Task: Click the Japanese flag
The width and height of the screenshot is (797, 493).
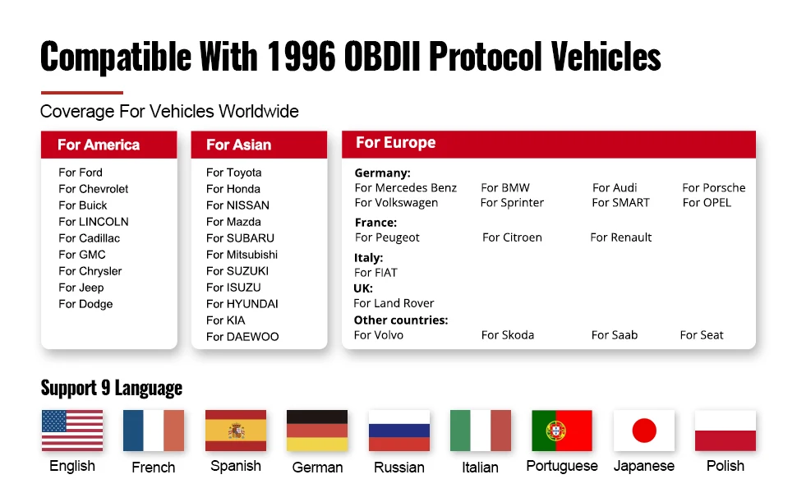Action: click(644, 431)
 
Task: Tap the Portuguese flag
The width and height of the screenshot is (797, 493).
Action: click(562, 431)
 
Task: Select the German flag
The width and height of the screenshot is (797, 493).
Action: click(317, 431)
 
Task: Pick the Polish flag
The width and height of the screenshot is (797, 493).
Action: click(726, 431)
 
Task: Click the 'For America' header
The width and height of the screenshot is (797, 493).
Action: click(99, 145)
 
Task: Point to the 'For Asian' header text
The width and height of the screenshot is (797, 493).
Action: click(238, 145)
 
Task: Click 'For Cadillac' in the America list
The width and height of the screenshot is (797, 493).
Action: click(89, 237)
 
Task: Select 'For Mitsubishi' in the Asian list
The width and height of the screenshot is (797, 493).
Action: click(242, 254)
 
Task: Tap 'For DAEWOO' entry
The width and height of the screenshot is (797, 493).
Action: click(242, 336)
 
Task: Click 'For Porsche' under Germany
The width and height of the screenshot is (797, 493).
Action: click(714, 187)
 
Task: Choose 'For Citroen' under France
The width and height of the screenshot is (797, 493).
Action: click(512, 237)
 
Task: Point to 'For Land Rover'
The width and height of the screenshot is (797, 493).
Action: click(394, 303)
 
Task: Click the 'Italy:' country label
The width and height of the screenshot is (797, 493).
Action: click(369, 258)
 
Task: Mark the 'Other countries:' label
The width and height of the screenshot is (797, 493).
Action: click(401, 320)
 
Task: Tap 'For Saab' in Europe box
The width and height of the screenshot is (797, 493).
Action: click(614, 335)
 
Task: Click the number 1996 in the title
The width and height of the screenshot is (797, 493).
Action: click(301, 56)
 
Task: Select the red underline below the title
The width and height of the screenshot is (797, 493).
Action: click(82, 93)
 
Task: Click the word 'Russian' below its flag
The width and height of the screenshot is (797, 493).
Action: click(399, 467)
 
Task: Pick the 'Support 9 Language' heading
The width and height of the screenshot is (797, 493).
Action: click(111, 388)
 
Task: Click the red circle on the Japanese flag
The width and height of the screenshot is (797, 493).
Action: click(644, 431)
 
